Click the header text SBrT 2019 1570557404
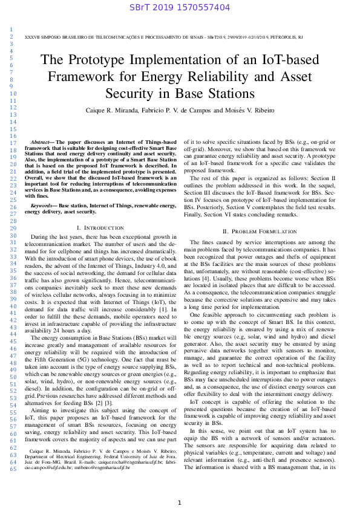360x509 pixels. (x=180, y=8)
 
